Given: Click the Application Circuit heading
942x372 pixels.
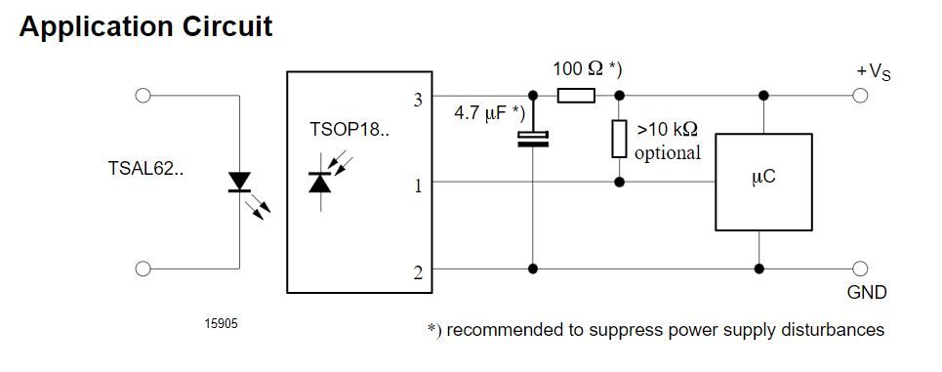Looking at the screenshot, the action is point(146,27).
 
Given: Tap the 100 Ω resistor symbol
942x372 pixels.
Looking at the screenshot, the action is point(576,96).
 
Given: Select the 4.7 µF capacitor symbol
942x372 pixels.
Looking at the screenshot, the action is point(533,139).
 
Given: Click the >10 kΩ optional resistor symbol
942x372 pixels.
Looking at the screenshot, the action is point(620,139).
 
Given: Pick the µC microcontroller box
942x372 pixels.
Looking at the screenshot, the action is point(763,182).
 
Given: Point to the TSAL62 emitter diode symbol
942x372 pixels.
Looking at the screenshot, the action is point(240,182).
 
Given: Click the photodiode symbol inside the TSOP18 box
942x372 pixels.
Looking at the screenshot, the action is point(319,182).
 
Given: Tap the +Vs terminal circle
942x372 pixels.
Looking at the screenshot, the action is point(860,96).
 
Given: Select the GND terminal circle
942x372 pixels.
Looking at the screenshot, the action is point(860,269).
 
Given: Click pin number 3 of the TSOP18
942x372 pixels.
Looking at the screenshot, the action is point(418,100).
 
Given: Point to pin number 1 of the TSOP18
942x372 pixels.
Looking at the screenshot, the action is point(418,186).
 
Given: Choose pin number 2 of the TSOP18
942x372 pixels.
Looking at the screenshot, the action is point(418,272).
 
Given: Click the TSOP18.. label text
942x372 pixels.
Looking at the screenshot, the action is point(349,129).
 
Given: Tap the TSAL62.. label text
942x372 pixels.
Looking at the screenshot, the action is point(146,168).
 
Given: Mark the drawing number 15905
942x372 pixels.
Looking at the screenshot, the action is point(221,324).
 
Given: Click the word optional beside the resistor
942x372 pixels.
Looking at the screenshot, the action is point(668,153).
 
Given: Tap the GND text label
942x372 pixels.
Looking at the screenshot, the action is point(867,293).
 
